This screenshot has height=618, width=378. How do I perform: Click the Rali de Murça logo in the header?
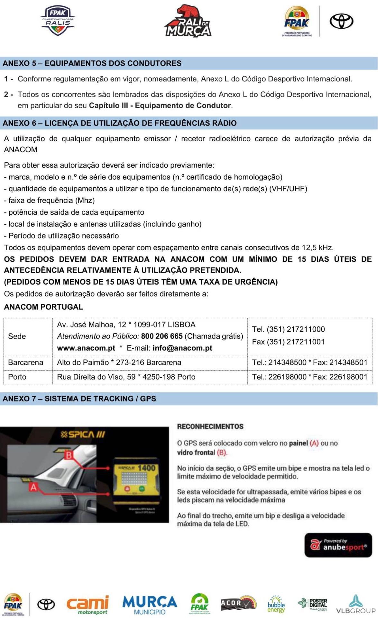pos(188,21)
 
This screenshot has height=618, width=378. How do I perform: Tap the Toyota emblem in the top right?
pos(341,22)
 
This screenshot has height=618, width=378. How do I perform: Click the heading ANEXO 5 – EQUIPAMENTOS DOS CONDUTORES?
pos(92,63)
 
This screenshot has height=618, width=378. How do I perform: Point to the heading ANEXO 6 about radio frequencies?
pos(120,123)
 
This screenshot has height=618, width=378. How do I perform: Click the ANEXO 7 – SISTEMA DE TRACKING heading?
pos(79,398)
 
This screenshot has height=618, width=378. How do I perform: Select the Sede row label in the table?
pos(17,336)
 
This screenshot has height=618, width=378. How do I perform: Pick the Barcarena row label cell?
pos(26,362)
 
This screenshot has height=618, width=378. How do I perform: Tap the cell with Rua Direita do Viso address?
pos(126,377)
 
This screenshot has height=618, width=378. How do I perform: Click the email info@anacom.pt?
pos(182,348)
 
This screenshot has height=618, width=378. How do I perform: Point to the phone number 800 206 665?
pos(162,336)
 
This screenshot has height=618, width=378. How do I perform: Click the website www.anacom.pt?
pos(86,348)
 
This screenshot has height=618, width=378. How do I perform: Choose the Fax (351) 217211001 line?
pos(288,342)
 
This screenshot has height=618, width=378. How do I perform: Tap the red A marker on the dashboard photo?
pos(33,487)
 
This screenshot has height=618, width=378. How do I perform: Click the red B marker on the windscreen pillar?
pos(69,455)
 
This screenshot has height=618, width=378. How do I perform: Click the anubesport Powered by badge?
pos(338,545)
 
